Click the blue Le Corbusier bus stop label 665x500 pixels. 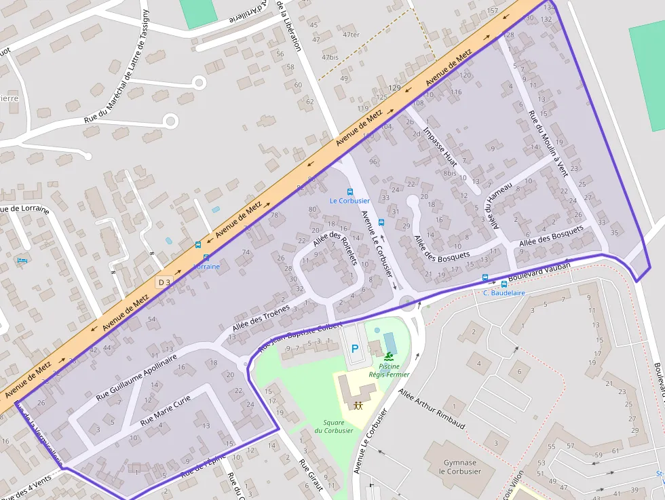click(349, 201)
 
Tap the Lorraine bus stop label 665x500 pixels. click(206, 267)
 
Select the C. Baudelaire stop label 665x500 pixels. click(503, 293)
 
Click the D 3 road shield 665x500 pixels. click(164, 282)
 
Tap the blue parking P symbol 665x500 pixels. click(354, 349)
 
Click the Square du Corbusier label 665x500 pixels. click(333, 426)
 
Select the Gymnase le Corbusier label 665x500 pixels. click(459, 467)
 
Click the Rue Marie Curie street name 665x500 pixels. click(166, 412)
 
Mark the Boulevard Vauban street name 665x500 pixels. click(539, 271)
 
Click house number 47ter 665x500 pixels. click(351, 35)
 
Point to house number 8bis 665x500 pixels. click(449, 173)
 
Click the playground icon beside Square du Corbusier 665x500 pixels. click(358, 405)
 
